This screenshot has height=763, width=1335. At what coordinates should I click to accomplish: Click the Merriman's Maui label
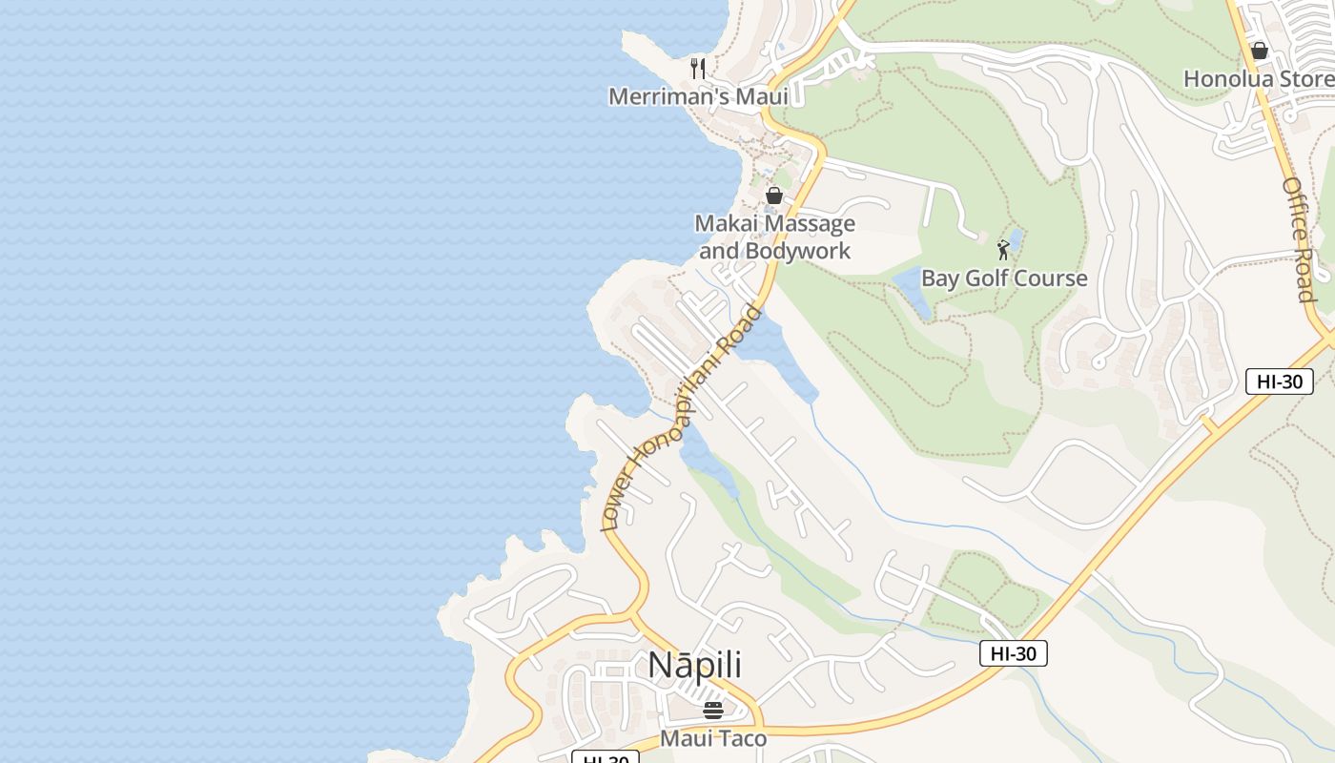point(698,96)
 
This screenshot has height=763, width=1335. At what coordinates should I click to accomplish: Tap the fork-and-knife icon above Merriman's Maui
point(698,69)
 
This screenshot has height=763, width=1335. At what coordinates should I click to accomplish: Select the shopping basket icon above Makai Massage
point(774,196)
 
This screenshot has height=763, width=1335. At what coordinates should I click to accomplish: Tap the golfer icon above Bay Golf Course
point(1003,250)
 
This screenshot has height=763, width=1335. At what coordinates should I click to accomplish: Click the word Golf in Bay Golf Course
point(1003,278)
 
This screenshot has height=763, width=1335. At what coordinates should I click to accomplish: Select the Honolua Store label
point(1258,79)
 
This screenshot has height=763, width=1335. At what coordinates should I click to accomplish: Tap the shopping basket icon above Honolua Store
point(1259,51)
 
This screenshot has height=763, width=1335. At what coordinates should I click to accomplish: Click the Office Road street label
point(1299,238)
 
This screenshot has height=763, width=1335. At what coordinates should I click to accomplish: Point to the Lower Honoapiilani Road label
point(682,418)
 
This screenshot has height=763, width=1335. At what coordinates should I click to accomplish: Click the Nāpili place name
point(694,665)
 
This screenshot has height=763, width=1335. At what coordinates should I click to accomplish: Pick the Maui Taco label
point(712,738)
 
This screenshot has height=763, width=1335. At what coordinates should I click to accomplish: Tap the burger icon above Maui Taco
point(712,711)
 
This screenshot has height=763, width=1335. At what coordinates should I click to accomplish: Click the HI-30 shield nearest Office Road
point(1279,381)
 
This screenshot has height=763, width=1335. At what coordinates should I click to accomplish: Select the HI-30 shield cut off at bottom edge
point(605,758)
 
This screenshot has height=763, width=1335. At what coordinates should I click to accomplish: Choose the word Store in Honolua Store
point(1304,79)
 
